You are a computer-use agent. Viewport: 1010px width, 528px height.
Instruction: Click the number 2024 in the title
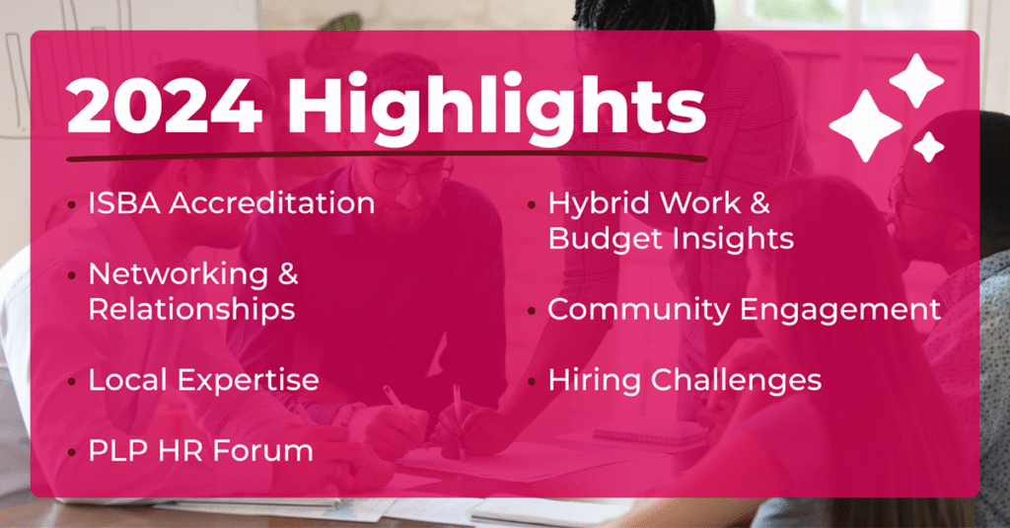tap(165, 105)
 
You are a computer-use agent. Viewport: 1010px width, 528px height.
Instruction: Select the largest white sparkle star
tap(865, 125)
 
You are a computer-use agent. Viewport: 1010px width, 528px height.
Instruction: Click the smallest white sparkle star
tap(928, 147)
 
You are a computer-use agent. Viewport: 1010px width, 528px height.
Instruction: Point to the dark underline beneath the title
tap(387, 156)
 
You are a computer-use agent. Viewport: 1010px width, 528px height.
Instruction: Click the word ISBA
tap(124, 203)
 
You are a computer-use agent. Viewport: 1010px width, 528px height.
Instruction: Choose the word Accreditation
tap(272, 203)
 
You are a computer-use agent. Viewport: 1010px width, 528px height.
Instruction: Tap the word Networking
tap(179, 275)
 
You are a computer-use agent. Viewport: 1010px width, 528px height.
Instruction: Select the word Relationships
tap(192, 310)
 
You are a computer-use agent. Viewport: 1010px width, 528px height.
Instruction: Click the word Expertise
tap(248, 381)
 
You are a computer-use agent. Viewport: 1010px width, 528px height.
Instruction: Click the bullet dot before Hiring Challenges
tap(532, 382)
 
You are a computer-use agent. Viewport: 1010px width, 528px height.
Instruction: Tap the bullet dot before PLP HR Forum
tap(71, 453)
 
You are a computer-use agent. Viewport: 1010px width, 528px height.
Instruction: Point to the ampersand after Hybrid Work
tap(760, 203)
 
